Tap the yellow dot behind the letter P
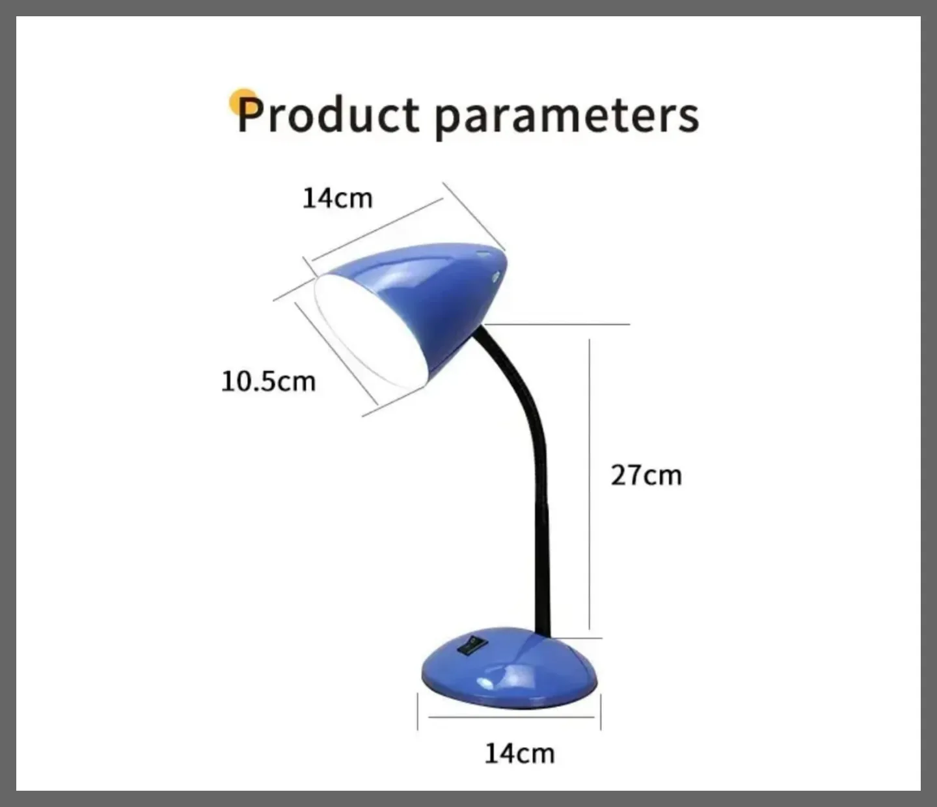coord(243,102)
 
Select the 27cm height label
coord(646,475)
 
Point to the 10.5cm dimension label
coord(268,381)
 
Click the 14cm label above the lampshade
coord(337,198)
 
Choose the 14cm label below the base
coord(519,754)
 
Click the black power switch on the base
coord(470,644)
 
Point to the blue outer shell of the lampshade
coord(435,299)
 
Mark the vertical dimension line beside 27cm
coord(590,484)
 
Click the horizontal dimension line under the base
coord(511,717)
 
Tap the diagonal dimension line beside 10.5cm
coord(336,353)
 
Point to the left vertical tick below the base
coord(418,718)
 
